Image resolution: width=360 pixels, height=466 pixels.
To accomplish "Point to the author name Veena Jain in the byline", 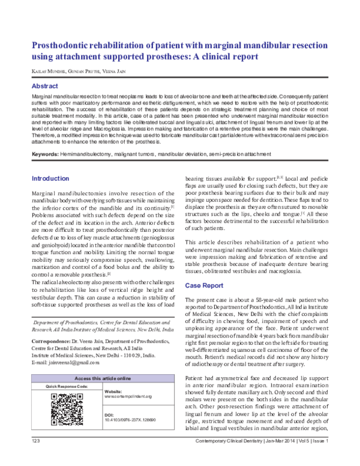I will [118, 72].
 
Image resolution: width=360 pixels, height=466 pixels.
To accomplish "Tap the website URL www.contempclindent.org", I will [128, 396].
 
